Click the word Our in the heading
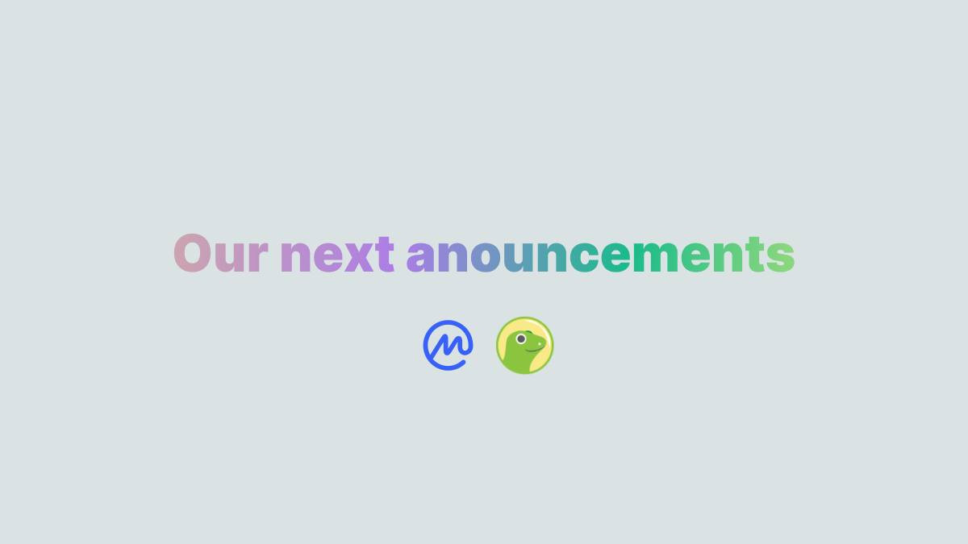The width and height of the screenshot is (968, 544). coord(221,253)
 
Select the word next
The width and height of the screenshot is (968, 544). coord(337,255)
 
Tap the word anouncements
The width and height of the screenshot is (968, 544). coord(601,255)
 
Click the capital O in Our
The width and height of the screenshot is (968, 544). coord(192,253)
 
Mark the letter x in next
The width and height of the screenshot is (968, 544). coord(359,257)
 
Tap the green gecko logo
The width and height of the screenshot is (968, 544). coord(524,346)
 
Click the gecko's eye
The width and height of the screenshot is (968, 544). coord(521,339)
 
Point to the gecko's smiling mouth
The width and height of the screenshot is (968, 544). coord(535,349)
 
